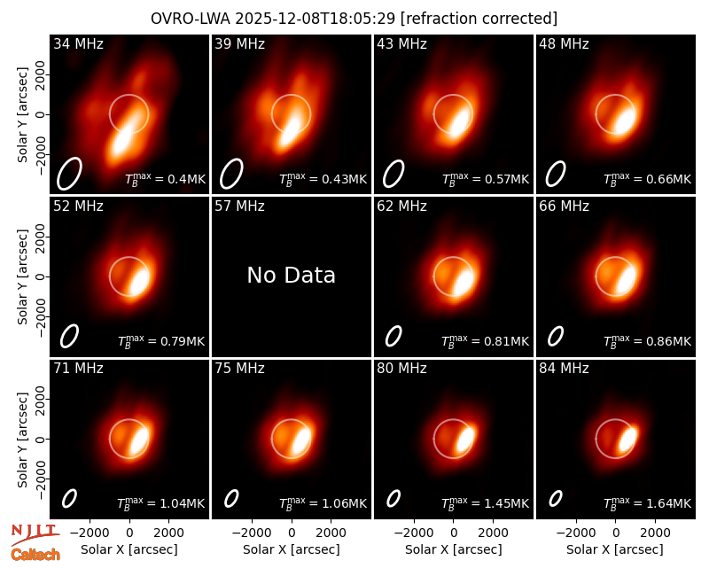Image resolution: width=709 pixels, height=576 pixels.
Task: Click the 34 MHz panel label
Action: click(78, 43)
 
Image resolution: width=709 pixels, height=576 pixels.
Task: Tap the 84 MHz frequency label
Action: click(564, 369)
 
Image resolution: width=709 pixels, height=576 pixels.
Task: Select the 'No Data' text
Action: click(292, 275)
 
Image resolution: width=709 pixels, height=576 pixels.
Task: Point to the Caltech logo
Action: click(35, 555)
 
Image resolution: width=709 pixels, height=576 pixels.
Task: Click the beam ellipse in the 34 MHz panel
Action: click(69, 174)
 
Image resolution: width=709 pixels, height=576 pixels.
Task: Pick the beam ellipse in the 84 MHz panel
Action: click(556, 499)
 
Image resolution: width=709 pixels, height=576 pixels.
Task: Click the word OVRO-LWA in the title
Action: click(190, 19)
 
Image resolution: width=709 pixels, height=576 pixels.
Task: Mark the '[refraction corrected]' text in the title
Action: click(479, 19)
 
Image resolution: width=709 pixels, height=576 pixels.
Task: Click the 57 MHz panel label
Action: click(239, 206)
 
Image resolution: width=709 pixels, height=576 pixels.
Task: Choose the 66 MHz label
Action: click(564, 206)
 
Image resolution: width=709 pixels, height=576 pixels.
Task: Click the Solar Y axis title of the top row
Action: click(22, 114)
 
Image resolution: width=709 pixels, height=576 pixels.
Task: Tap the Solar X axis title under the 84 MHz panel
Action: click(615, 549)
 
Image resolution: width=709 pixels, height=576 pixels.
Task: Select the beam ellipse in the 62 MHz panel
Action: click(393, 337)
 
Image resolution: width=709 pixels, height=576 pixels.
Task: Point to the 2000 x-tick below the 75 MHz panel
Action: click(331, 533)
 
